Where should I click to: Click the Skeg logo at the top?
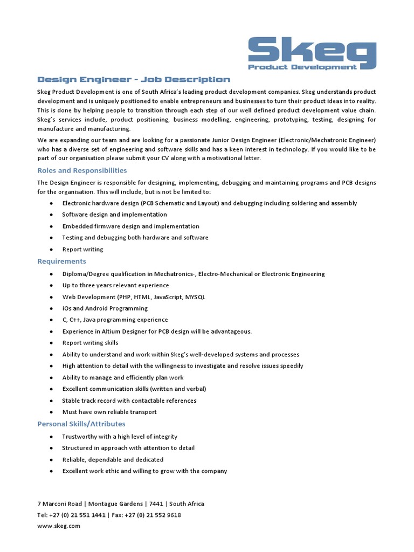pyautogui.click(x=312, y=51)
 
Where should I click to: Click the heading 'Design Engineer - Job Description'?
pyautogui.click(x=134, y=80)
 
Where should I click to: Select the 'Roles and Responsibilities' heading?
pyautogui.click(x=82, y=170)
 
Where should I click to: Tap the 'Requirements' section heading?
pyautogui.click(x=61, y=261)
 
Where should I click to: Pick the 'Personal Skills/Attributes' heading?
pyautogui.click(x=81, y=424)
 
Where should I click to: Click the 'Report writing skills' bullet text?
pyautogui.click(x=90, y=343)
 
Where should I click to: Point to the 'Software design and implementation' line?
pyautogui.click(x=114, y=215)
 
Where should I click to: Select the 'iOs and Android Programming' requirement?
pyautogui.click(x=105, y=308)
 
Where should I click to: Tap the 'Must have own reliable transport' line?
pyautogui.click(x=109, y=412)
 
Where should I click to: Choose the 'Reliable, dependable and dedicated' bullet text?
pyautogui.click(x=113, y=460)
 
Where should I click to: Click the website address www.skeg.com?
pyautogui.click(x=59, y=526)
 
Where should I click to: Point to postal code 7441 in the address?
pyautogui.click(x=156, y=504)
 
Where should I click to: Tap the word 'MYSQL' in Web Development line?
pyautogui.click(x=195, y=297)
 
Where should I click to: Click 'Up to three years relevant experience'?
pyautogui.click(x=115, y=286)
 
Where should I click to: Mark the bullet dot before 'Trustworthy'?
pyautogui.click(x=51, y=437)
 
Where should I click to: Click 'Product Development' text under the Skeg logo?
pyautogui.click(x=302, y=67)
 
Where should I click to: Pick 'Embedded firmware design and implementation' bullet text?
pyautogui.click(x=130, y=226)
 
